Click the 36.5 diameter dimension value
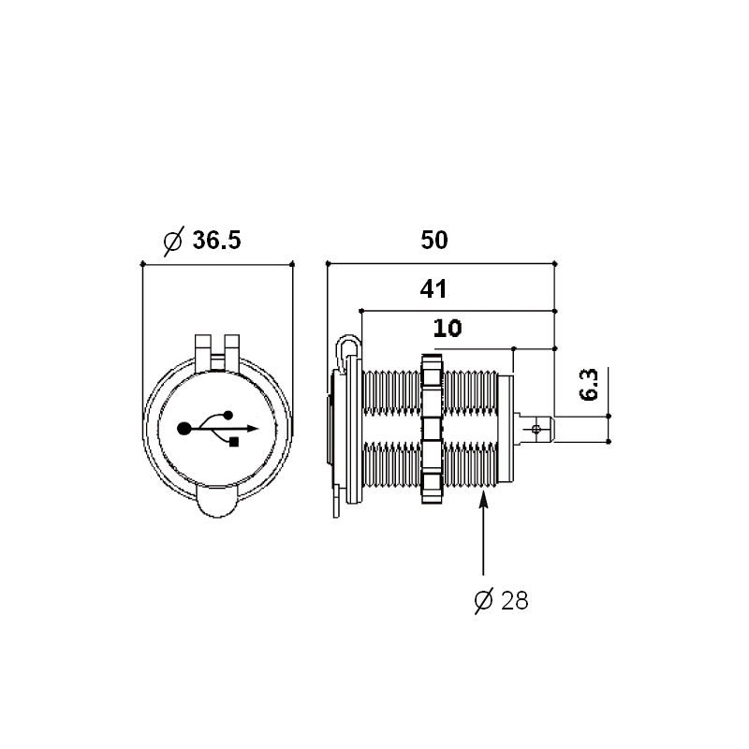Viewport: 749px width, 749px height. (216, 240)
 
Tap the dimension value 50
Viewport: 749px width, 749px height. (434, 240)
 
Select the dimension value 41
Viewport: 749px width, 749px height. (433, 289)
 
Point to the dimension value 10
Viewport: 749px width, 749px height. (448, 329)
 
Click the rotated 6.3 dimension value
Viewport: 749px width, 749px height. (589, 385)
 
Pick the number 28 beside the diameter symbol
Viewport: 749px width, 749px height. (515, 600)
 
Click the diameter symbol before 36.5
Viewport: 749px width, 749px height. (173, 241)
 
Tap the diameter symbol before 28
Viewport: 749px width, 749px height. (483, 600)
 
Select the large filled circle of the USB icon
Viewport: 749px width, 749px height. (184, 429)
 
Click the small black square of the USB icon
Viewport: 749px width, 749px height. (234, 442)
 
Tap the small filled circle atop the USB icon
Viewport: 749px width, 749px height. (228, 415)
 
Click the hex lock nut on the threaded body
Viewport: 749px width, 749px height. (433, 429)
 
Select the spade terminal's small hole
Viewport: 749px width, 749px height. (536, 429)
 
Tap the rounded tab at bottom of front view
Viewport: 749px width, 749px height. (217, 502)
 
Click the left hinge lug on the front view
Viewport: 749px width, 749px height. (202, 352)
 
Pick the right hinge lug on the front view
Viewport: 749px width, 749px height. (231, 352)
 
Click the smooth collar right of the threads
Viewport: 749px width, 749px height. (506, 429)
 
